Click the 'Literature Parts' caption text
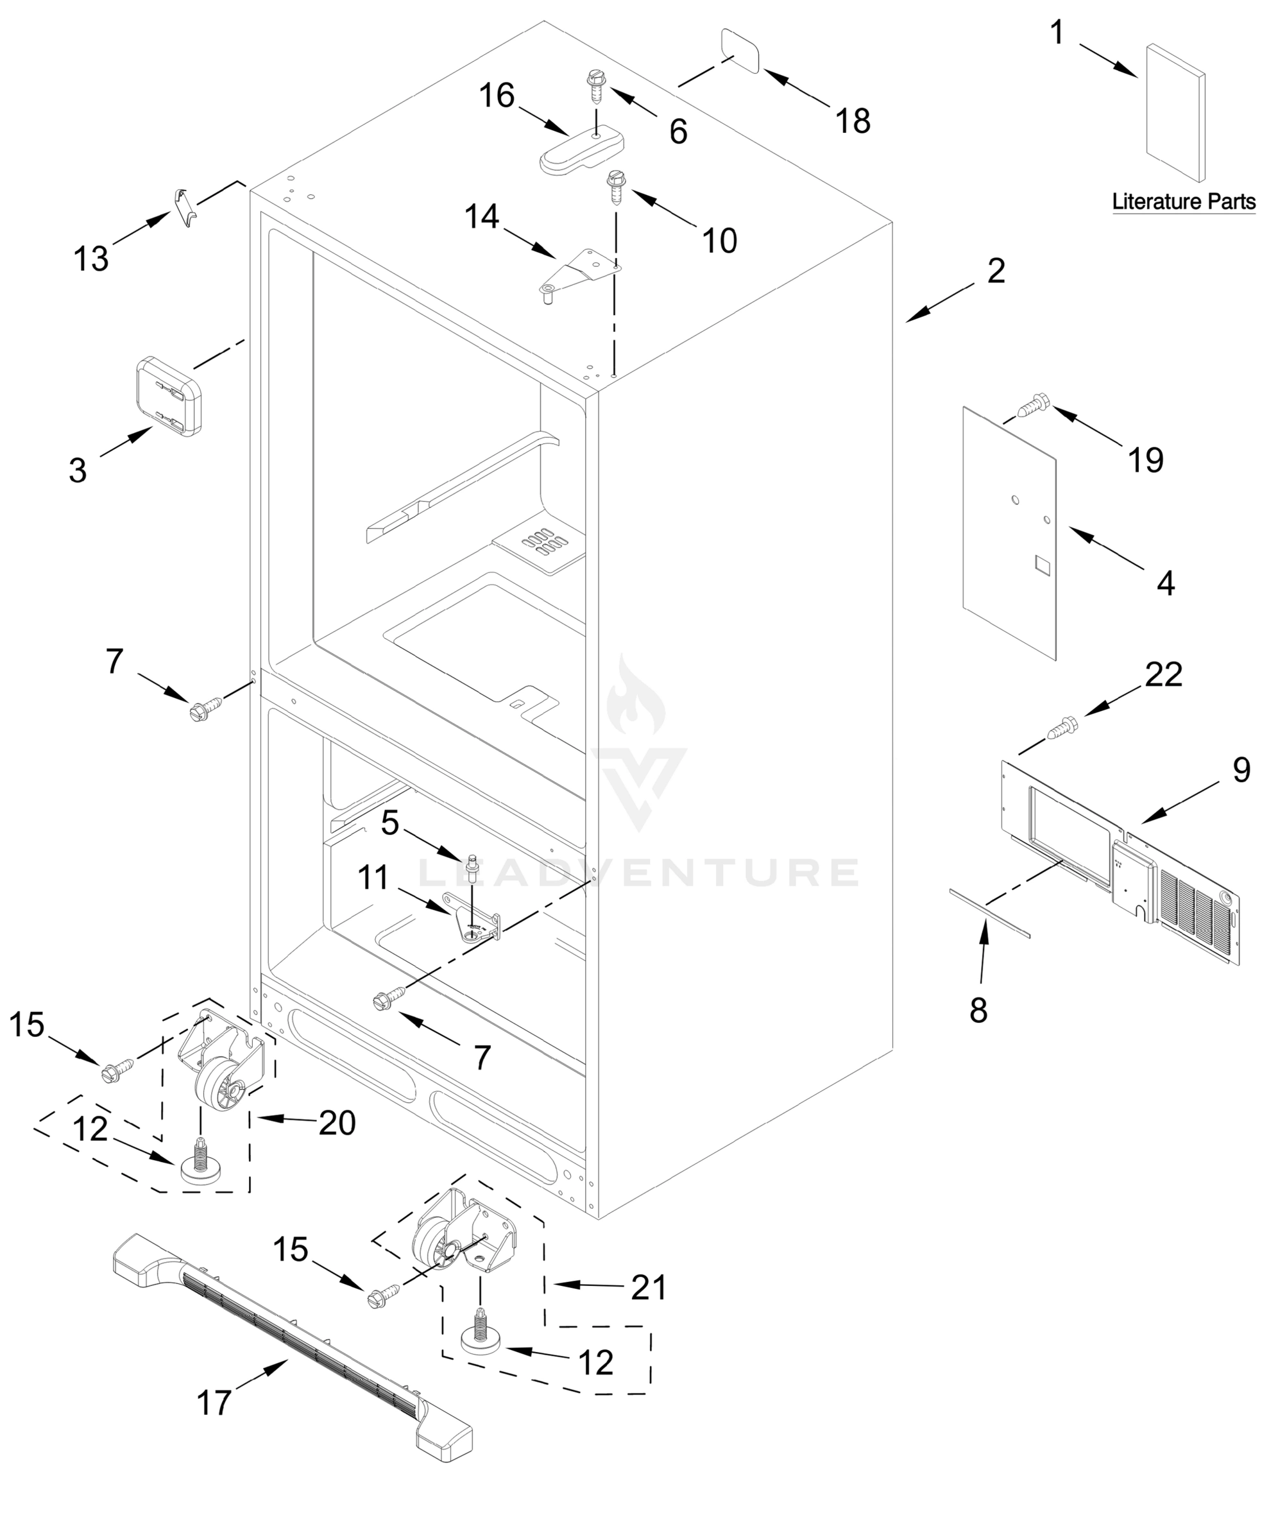click(x=1184, y=201)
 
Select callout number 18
click(x=853, y=121)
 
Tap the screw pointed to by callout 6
click(x=596, y=86)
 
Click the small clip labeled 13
click(x=184, y=207)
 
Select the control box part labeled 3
click(x=169, y=396)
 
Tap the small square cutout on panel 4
click(x=1042, y=563)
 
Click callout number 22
click(x=1164, y=674)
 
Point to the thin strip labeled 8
click(x=989, y=914)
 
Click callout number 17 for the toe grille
click(x=214, y=1403)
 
